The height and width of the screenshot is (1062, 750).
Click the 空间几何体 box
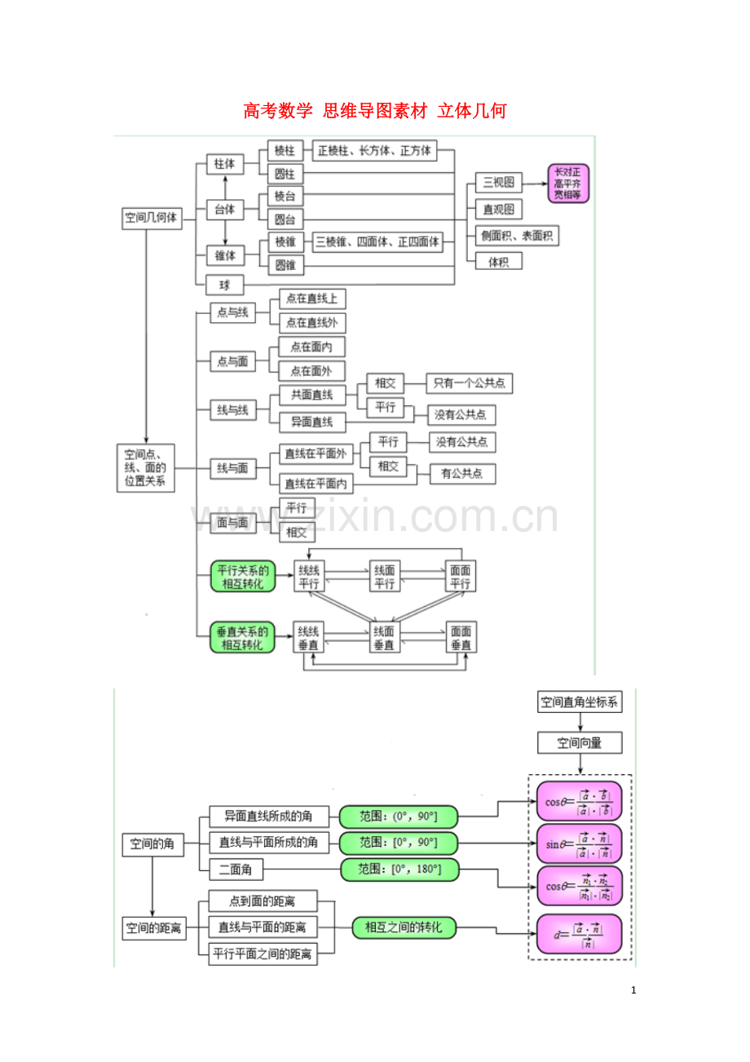point(151,218)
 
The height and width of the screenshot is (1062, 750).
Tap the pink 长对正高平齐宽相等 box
point(567,184)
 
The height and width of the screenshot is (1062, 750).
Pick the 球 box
point(224,285)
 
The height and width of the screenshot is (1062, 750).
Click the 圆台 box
point(285,219)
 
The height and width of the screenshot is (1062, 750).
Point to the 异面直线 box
point(311,422)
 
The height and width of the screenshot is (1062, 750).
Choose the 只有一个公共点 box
point(469,383)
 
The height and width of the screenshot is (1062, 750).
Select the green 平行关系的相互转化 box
point(242,577)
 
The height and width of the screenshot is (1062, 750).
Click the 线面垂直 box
point(383,637)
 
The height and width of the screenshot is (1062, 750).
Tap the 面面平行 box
point(460,577)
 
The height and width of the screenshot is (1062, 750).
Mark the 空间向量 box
point(580,743)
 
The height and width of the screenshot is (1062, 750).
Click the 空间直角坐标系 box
point(580,701)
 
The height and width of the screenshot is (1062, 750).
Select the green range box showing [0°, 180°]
point(399,870)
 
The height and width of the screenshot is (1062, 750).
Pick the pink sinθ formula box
point(579,843)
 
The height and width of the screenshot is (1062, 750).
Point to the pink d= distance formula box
point(579,935)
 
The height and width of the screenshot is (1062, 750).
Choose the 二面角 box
point(236,870)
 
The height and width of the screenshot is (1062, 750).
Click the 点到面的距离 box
point(262,901)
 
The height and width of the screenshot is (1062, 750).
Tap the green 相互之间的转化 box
point(404,927)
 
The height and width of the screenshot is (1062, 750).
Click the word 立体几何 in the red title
point(472,111)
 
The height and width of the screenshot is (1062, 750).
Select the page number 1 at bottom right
point(633,990)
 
